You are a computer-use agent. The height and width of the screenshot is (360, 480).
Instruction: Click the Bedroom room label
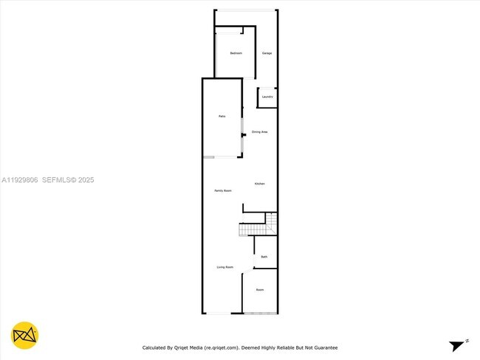click(x=236, y=53)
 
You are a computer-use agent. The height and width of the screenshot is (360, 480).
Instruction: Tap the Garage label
click(x=267, y=53)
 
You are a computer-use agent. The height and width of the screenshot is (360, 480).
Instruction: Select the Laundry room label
click(x=267, y=97)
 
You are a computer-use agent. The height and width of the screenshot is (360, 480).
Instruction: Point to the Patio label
click(x=222, y=117)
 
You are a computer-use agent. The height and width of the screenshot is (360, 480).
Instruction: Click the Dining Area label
click(x=259, y=132)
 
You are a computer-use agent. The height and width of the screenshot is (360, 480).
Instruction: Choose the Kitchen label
click(x=260, y=184)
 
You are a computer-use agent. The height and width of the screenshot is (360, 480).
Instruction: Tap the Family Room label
click(x=223, y=191)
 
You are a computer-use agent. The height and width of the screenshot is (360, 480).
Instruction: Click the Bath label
click(x=264, y=257)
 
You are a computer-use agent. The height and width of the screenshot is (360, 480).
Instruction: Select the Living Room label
click(x=225, y=267)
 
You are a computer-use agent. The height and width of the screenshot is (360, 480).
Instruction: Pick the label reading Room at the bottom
click(x=260, y=290)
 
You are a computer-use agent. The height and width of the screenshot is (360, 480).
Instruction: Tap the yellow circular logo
click(x=25, y=336)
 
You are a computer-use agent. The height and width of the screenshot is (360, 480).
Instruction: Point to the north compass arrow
click(x=459, y=344)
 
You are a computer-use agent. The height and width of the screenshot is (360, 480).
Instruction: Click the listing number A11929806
click(x=19, y=180)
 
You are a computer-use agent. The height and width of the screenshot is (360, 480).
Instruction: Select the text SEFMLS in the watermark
click(x=56, y=180)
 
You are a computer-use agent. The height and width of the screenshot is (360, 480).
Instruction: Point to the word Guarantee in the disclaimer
click(x=324, y=347)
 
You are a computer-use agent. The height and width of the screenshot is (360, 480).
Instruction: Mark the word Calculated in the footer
click(x=157, y=347)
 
